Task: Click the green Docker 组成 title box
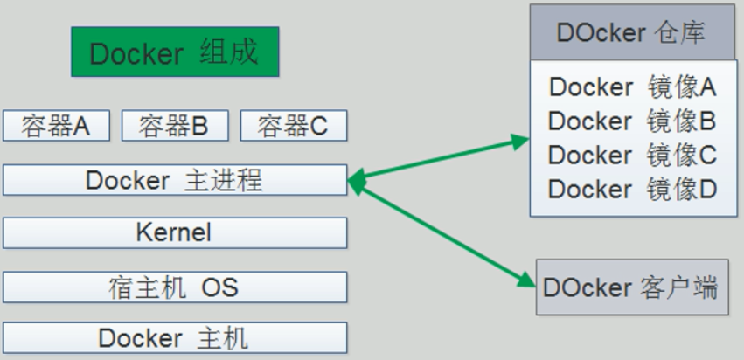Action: point(175,52)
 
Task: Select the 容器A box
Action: point(56,127)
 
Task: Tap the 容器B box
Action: point(175,127)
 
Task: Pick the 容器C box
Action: point(293,127)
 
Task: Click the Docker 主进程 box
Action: point(175,181)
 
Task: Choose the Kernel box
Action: point(175,233)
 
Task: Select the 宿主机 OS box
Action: point(175,287)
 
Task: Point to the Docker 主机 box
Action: point(175,338)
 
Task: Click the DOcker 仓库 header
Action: point(632,33)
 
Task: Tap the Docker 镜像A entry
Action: point(632,87)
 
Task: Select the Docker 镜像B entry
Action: point(632,121)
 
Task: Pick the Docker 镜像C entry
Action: point(632,155)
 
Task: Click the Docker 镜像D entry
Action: point(632,189)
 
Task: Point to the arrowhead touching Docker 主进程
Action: point(356,180)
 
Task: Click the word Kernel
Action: point(174,233)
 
